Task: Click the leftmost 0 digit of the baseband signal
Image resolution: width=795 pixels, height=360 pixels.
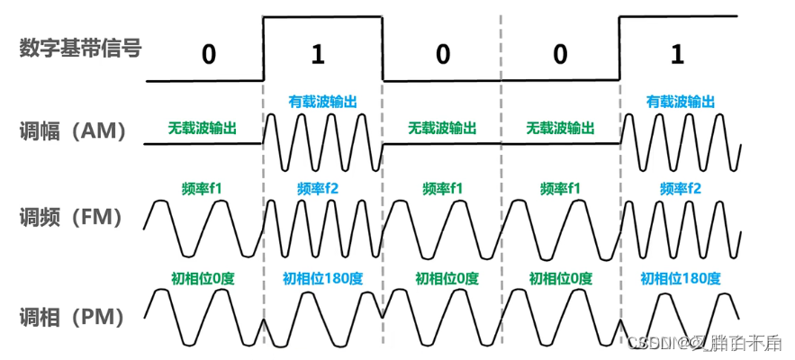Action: click(209, 54)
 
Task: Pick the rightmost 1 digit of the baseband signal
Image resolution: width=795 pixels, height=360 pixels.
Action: click(677, 54)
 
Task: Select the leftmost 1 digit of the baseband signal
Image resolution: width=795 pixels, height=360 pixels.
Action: click(317, 54)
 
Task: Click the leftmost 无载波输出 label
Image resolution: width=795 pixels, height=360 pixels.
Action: click(202, 128)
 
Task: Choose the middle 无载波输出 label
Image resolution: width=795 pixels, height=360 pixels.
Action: click(442, 128)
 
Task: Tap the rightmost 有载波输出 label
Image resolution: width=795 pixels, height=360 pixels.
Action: click(681, 103)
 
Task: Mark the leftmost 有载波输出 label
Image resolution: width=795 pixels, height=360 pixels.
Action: click(322, 103)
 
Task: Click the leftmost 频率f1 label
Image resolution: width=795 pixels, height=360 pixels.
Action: click(202, 189)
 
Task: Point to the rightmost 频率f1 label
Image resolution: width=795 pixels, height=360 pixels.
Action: click(561, 189)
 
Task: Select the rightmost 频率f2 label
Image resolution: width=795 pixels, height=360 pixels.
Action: click(680, 189)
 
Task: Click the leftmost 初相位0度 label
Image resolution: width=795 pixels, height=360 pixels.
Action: click(202, 277)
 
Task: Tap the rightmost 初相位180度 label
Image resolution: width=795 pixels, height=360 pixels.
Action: click(681, 277)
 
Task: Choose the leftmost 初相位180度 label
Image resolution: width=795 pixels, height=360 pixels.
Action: click(322, 277)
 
